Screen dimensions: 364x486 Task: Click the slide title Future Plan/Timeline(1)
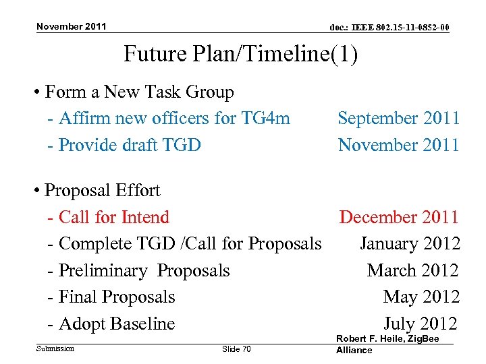[x=240, y=54]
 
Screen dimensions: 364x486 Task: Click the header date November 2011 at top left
[x=71, y=26]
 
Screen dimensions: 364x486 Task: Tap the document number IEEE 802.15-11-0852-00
[x=389, y=28]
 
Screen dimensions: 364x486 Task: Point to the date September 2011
[x=398, y=119]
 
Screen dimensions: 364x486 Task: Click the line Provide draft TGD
[x=125, y=145]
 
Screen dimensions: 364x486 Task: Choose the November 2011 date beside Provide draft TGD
[x=398, y=145]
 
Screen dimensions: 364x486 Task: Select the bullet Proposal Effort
[x=103, y=190]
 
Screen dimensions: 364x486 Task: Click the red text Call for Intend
[x=109, y=217]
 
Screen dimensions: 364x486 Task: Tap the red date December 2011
[x=399, y=217]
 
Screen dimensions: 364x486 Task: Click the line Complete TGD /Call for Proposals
[x=185, y=243]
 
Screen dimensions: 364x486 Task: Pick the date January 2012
[x=410, y=243]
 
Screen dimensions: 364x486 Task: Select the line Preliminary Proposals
[x=139, y=270]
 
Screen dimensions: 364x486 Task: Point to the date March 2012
[x=412, y=270]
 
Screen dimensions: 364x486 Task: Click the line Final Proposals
[x=112, y=297]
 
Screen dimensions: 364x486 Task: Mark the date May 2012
[x=421, y=297]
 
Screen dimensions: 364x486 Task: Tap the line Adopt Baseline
[x=112, y=324]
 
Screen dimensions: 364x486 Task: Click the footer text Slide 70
[x=236, y=348]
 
